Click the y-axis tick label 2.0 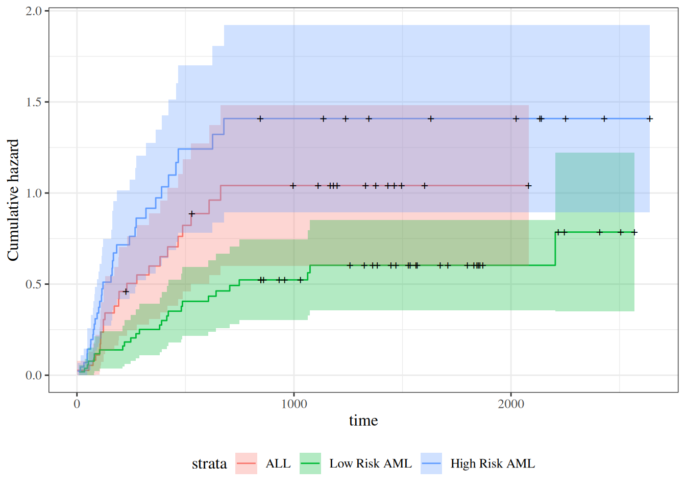[x=34, y=11]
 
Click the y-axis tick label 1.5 [x=34, y=102]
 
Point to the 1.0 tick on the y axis [x=34, y=193]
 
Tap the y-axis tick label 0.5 [x=34, y=284]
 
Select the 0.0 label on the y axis [x=34, y=375]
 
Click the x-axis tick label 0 [x=77, y=404]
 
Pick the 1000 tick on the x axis [x=294, y=404]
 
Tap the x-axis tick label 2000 [x=511, y=404]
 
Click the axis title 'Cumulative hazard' [x=13, y=200]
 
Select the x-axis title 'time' [x=363, y=421]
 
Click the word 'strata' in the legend [x=209, y=463]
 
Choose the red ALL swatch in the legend [x=246, y=463]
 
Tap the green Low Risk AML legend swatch [x=310, y=463]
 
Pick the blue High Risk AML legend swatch [x=431, y=463]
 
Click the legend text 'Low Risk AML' [x=371, y=463]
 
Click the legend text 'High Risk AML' [x=493, y=463]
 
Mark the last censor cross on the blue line [x=650, y=119]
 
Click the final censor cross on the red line [x=528, y=186]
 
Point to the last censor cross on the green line [x=634, y=232]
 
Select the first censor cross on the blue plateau [x=260, y=119]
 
